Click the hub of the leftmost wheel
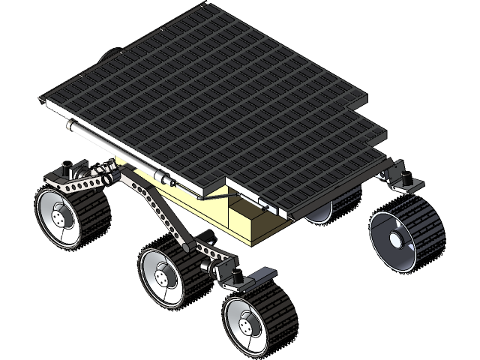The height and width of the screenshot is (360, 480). (59, 218)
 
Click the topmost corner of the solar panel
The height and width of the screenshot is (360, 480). (202, 5)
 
